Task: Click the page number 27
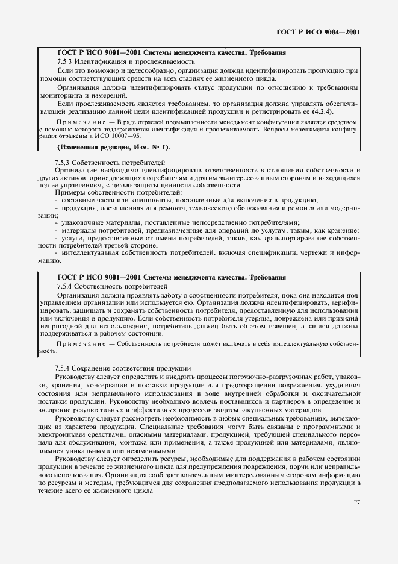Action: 356,502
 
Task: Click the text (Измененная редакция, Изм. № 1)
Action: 114,147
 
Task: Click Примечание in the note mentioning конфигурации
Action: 75,122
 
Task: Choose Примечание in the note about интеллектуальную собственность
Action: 78,343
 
